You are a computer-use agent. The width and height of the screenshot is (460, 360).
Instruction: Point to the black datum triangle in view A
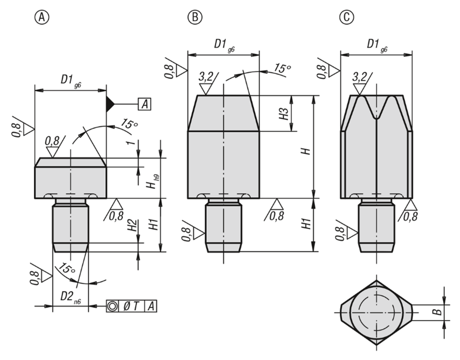click(x=110, y=104)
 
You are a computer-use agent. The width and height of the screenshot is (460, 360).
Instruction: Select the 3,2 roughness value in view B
click(x=206, y=77)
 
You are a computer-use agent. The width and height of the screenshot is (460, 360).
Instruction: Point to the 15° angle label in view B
click(x=281, y=68)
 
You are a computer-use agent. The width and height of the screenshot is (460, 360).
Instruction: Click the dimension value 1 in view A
click(x=132, y=143)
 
